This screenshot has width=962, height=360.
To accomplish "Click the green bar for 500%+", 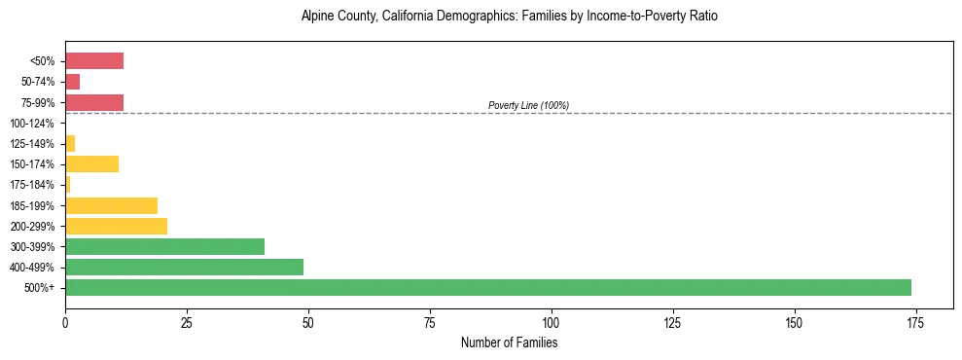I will coord(487,287).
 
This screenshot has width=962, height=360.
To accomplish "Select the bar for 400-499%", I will coord(184,267).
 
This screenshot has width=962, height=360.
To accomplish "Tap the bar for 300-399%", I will coord(164,246).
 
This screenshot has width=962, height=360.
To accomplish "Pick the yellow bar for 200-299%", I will coord(116,226).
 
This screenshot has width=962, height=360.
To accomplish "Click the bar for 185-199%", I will coord(111,205).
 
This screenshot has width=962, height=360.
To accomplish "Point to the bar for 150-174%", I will coord(91,163).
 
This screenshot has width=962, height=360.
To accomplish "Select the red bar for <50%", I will coord(94,61).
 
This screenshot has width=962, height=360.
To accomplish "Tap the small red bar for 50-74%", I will coord(73,82).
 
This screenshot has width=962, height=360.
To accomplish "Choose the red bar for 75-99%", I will coord(94,102).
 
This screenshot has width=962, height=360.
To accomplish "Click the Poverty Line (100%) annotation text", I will coord(528,105).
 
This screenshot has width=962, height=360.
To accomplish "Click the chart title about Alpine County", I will coord(509,17).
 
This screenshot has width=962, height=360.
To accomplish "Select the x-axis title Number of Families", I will coord(509,342).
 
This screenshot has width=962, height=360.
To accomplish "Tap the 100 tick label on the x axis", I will coord(551,322).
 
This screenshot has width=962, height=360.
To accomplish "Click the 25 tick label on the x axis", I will coord(187,322).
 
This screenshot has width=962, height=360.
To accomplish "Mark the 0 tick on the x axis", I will coord(65,322).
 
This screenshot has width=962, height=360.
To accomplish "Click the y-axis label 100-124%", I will coord(32,124).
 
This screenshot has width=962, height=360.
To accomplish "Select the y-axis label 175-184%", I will coord(32,185).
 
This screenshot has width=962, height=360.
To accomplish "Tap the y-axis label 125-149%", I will coord(32,144).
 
